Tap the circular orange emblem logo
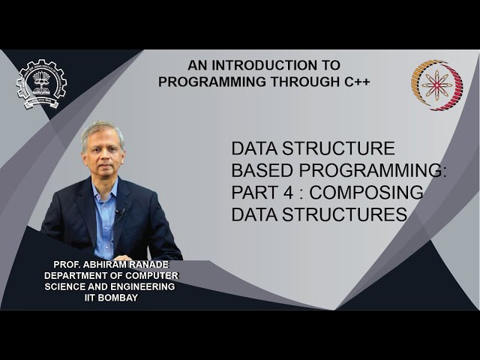[436, 85]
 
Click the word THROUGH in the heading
[292, 81]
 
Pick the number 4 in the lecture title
[280, 193]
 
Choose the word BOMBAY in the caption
[121, 298]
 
